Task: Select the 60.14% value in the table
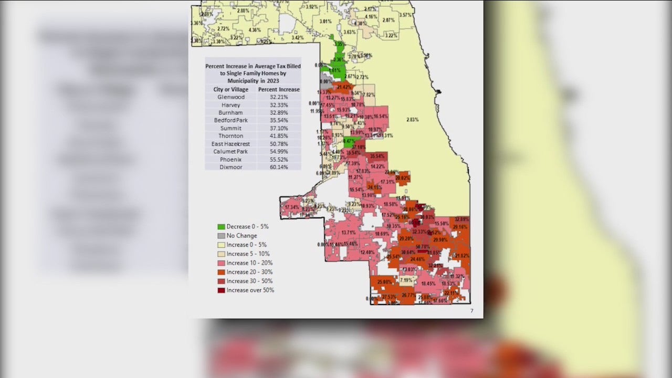point(279,166)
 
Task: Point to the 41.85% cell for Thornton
point(279,136)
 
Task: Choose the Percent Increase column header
point(279,89)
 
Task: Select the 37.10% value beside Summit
point(279,128)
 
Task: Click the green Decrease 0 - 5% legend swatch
point(221,227)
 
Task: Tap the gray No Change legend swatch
point(221,236)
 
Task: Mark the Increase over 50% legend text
point(250,290)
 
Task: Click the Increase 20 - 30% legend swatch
point(221,272)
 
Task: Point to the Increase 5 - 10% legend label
point(248,254)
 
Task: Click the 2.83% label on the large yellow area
point(412,120)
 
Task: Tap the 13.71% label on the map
point(349,233)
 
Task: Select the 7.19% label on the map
point(406,280)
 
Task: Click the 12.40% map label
point(367,253)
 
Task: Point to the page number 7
point(471,311)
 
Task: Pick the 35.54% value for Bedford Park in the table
point(279,120)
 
